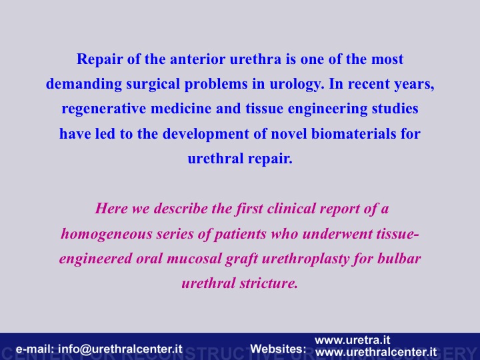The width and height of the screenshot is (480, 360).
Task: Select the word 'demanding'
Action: pos(84,83)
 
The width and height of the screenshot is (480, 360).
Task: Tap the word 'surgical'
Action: pos(153,84)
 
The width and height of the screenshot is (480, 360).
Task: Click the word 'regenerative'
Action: pos(104,109)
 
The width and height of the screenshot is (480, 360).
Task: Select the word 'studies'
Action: pos(395,109)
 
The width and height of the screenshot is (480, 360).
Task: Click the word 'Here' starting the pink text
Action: pos(111,209)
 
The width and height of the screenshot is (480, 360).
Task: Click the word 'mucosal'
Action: pos(193,259)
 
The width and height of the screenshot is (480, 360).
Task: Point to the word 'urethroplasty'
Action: pos(305,259)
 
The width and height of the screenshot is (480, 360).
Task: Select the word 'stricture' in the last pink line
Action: pos(269,283)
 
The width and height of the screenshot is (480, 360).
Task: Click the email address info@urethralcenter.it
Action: pos(120,349)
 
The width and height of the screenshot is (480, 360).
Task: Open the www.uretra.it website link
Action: pos(353,340)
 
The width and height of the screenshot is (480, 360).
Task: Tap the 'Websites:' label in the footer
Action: pos(278,349)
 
